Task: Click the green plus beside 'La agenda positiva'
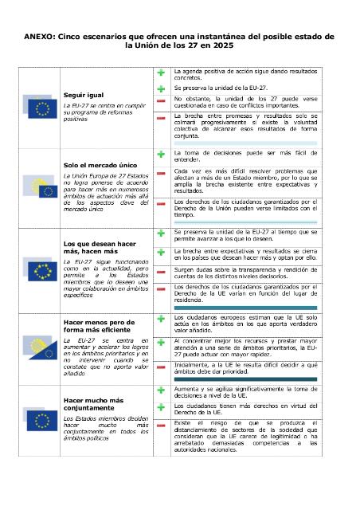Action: [160, 73]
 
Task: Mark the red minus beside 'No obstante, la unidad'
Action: [160, 100]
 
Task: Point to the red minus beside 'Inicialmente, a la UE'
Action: [160, 366]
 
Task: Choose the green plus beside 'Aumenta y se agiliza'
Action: [160, 389]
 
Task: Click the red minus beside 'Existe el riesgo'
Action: [160, 434]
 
